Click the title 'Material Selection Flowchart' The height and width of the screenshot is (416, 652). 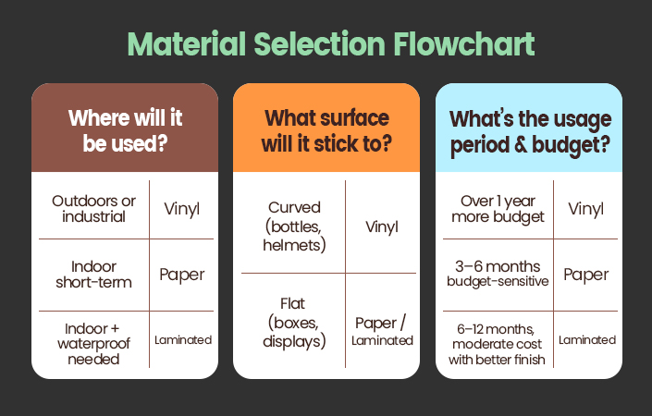(331, 44)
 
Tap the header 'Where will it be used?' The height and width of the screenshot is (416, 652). (125, 130)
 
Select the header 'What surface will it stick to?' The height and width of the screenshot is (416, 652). (326, 130)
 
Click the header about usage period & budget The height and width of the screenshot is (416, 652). (530, 132)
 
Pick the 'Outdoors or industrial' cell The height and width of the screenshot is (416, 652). (93, 209)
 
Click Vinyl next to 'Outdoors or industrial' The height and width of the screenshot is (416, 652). (181, 209)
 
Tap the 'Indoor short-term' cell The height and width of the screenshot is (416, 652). (93, 275)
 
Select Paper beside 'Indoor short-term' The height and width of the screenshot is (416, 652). (181, 275)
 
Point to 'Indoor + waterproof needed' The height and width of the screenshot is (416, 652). (93, 344)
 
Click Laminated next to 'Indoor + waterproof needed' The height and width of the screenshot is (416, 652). (183, 340)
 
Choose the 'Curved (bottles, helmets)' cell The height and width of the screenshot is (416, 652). (294, 226)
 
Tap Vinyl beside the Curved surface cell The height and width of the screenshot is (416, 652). (382, 226)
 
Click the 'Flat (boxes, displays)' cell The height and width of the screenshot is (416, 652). (294, 323)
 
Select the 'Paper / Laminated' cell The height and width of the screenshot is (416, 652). (382, 331)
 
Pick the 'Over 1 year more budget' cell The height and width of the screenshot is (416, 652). (498, 209)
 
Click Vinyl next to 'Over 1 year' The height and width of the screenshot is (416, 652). (586, 209)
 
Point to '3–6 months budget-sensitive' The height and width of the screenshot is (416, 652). (498, 274)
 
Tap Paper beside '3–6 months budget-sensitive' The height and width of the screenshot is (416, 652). (586, 275)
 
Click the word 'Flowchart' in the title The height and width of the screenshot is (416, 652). (463, 44)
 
